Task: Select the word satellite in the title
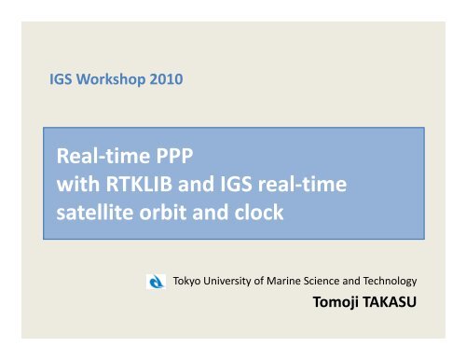93,212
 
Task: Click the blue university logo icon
158,281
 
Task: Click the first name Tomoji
337,304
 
